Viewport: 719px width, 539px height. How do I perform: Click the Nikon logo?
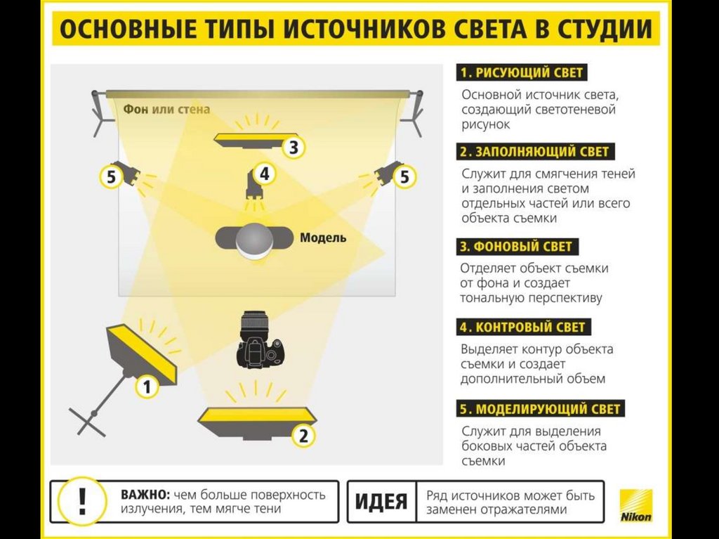[635, 506]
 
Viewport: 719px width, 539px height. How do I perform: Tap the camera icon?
[260, 340]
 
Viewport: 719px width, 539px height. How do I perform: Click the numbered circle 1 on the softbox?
[147, 386]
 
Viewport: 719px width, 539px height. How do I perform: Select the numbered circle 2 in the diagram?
[303, 435]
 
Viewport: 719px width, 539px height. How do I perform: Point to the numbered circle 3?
[293, 147]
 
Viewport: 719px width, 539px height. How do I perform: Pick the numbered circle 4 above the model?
[265, 174]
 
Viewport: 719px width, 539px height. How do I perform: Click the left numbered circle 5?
[112, 177]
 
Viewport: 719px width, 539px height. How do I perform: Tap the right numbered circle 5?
[404, 177]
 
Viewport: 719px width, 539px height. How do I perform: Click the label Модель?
[323, 238]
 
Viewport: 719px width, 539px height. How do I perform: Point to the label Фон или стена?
[166, 109]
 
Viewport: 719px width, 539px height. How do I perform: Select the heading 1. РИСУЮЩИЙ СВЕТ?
[522, 72]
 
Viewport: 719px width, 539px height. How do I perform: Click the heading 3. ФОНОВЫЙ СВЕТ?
[517, 247]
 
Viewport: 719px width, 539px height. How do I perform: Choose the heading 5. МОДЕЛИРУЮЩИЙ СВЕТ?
[540, 408]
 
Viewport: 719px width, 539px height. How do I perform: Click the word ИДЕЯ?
[381, 502]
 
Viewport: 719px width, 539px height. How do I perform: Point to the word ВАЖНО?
[145, 495]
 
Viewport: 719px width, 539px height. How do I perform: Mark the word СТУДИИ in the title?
[605, 29]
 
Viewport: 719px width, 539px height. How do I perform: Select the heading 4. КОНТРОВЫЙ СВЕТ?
[522, 327]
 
